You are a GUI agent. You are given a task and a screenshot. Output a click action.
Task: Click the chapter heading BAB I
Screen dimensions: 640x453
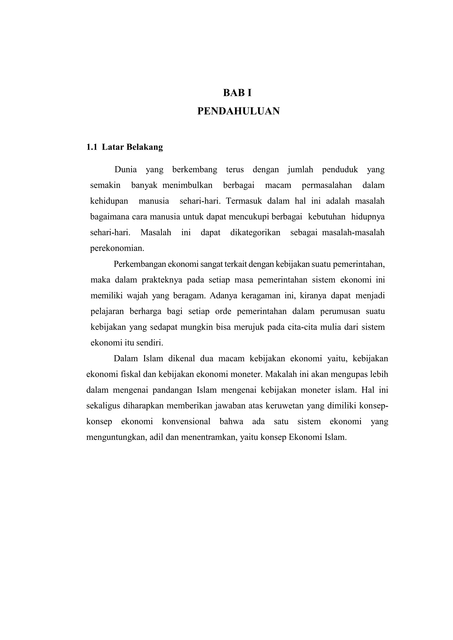tap(237, 93)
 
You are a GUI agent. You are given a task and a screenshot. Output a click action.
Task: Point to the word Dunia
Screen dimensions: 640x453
tap(125, 169)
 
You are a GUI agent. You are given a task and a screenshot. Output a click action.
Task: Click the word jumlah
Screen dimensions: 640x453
tap(300, 169)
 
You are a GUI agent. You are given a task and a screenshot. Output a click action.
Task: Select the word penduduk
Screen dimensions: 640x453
tap(340, 169)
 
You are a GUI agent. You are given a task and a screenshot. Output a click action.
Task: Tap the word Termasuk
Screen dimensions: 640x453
tap(244, 201)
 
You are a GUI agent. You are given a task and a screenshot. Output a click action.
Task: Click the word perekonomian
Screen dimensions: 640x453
tap(117, 248)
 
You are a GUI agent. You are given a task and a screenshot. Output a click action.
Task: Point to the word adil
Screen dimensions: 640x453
tap(156, 437)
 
